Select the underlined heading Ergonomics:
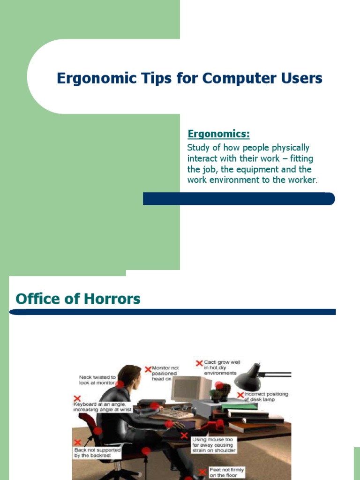pyautogui.click(x=218, y=134)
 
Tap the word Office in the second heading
pyautogui.click(x=38, y=299)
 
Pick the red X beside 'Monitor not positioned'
pyautogui.click(x=148, y=369)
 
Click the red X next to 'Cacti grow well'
pyautogui.click(x=199, y=363)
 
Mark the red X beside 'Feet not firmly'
pyautogui.click(x=202, y=472)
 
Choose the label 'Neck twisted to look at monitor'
pyautogui.click(x=97, y=380)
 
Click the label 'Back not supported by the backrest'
pyautogui.click(x=97, y=453)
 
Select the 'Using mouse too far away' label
pyautogui.click(x=214, y=445)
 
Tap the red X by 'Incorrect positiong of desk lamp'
pyautogui.click(x=240, y=395)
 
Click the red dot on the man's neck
pyautogui.click(x=120, y=384)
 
